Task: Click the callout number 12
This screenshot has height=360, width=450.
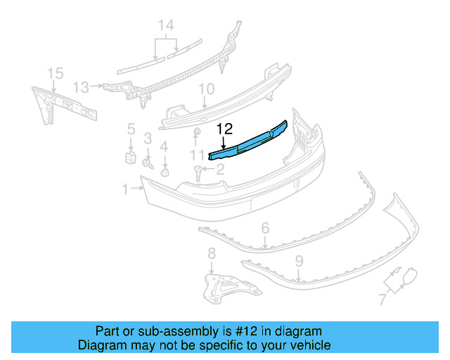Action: point(224,129)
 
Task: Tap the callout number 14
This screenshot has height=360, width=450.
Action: point(166,26)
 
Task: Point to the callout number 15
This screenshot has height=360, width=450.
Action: point(55,73)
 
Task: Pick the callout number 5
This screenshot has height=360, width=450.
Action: point(131,129)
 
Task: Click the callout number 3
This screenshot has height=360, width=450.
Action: point(148,138)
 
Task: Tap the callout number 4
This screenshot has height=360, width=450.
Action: point(164,146)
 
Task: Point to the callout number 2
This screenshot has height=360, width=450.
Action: point(219,169)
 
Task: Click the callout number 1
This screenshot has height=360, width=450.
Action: point(125,188)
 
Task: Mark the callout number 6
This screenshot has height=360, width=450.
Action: point(265,228)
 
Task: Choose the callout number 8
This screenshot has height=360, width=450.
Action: point(212,253)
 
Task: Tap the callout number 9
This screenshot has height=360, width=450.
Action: point(299,261)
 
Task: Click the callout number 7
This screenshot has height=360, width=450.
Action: point(382,300)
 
